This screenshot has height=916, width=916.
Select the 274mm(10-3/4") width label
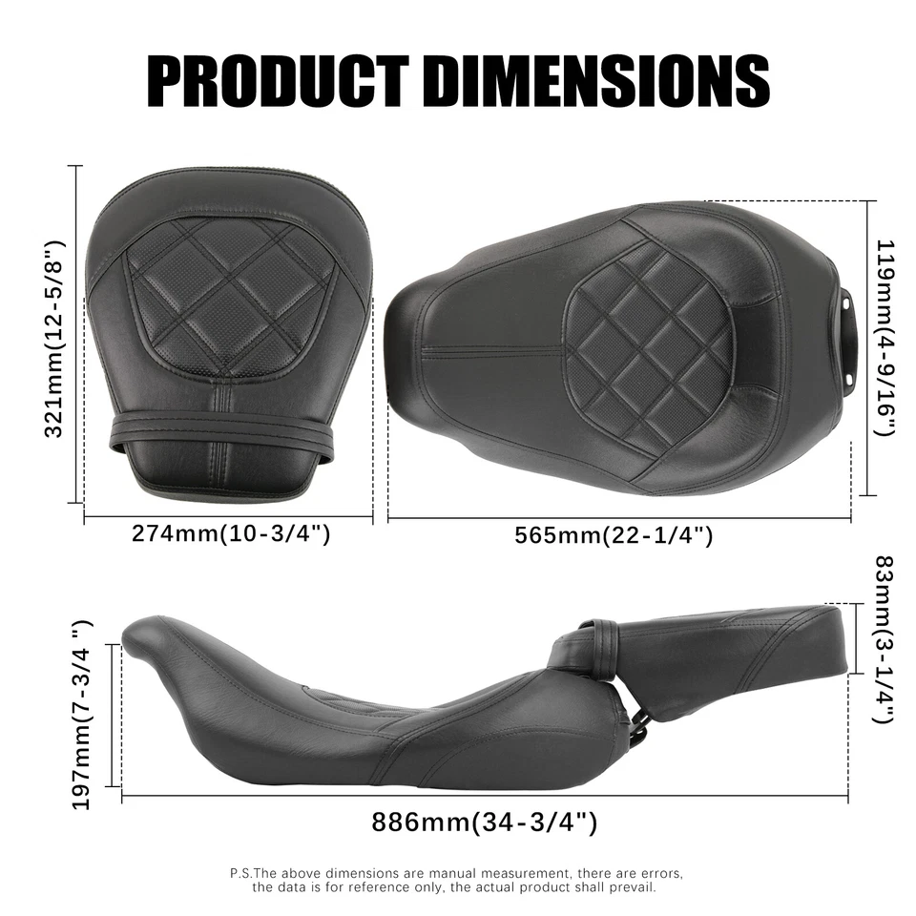pos(231,533)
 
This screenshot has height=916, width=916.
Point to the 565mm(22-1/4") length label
pos(614,535)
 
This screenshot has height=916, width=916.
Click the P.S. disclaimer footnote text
pos(457,880)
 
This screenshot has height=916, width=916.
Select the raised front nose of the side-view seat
pos(153,635)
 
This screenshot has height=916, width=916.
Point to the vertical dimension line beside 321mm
pos(74,334)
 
